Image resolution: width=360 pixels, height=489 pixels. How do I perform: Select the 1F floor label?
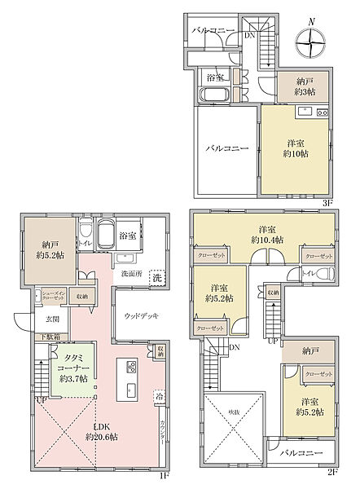point(162,475)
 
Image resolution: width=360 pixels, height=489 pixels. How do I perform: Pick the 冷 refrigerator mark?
point(159,399)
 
